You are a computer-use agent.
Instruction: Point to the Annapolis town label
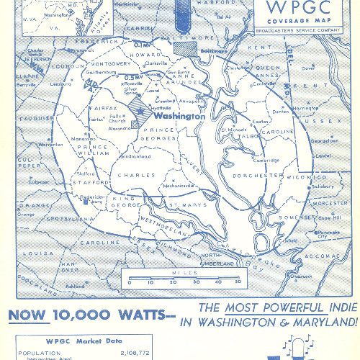click(x=179, y=102)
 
